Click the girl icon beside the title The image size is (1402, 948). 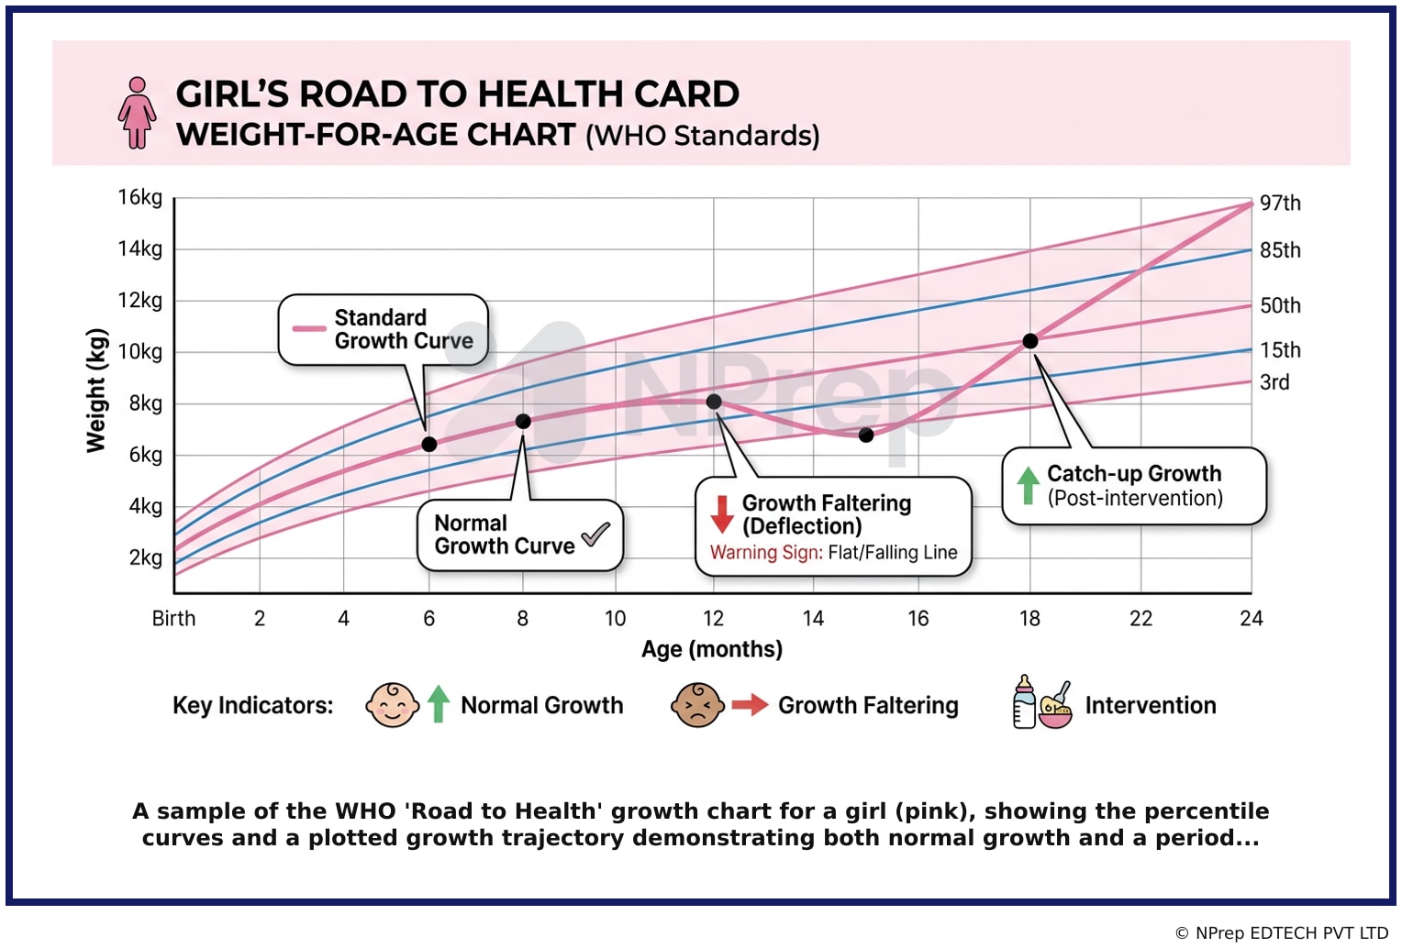click(137, 113)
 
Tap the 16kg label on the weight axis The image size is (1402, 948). click(140, 198)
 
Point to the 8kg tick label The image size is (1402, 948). click(145, 404)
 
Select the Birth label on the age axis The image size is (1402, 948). click(173, 619)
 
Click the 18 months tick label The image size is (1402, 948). click(1029, 619)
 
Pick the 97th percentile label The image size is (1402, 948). click(1280, 204)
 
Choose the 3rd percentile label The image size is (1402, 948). click(1274, 382)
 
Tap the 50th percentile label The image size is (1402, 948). click(1280, 305)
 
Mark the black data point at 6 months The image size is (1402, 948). click(429, 445)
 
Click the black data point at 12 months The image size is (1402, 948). click(714, 402)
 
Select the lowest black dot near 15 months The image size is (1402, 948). click(866, 435)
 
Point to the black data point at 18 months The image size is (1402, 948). click(1030, 341)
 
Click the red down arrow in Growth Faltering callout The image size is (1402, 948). click(722, 514)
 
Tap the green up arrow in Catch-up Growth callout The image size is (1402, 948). click(1028, 486)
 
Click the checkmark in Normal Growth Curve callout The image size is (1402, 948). click(595, 534)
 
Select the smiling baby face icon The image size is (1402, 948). click(393, 705)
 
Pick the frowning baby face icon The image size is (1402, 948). click(698, 705)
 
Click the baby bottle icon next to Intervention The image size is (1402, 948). click(1024, 701)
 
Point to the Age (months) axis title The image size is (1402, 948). click(712, 650)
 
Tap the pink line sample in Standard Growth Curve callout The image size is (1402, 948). click(309, 328)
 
